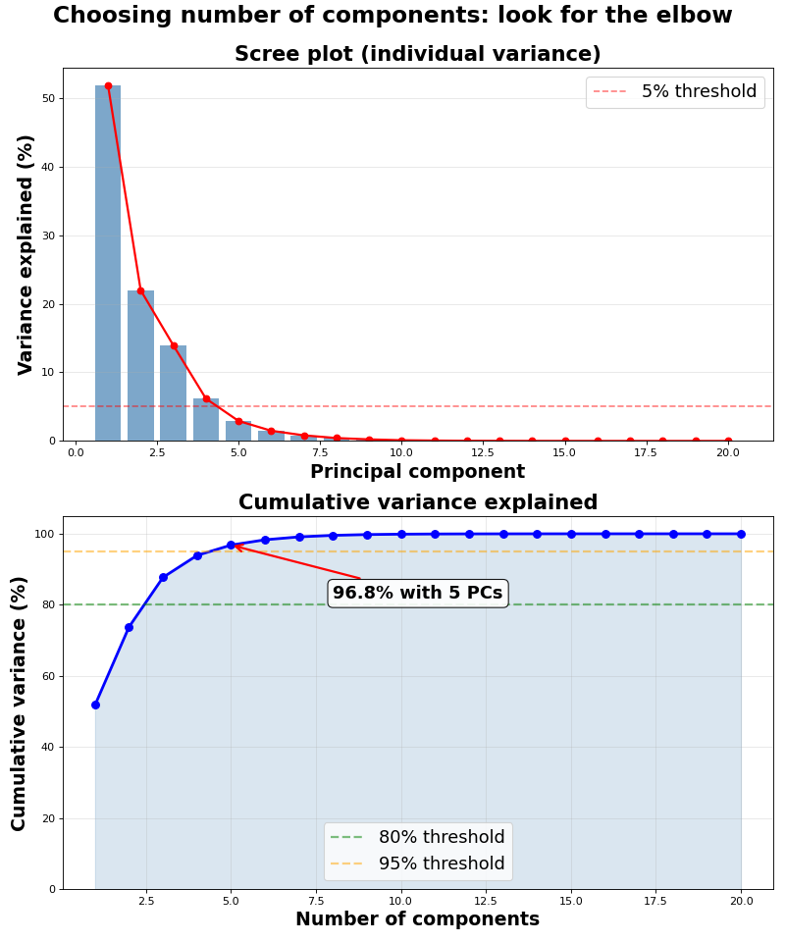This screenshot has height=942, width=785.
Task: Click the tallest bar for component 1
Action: [x=108, y=265]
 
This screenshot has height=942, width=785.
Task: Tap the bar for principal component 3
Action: [x=174, y=393]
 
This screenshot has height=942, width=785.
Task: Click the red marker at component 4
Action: [x=206, y=399]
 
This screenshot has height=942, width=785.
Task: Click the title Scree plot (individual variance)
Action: [x=417, y=55]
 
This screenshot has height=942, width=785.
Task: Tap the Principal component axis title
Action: [x=417, y=472]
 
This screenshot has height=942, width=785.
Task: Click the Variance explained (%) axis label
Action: [x=26, y=254]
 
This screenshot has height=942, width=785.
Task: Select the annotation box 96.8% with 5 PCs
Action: [x=417, y=593]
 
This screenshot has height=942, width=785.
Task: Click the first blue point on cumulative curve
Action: [x=95, y=705]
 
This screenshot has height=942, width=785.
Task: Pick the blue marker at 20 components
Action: [x=741, y=534]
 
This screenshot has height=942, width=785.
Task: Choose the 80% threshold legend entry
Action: [x=418, y=838]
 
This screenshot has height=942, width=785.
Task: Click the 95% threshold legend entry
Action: [x=418, y=864]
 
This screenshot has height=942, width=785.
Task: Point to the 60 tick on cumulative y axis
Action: [x=47, y=676]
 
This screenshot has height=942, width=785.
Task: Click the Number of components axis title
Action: [x=417, y=920]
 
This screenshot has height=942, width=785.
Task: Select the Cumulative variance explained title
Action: [x=417, y=503]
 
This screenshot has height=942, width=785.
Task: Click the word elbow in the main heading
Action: [x=693, y=16]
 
